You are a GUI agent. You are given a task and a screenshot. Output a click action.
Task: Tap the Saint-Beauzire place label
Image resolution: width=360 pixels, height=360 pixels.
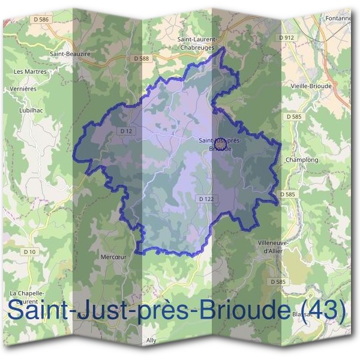pyautogui.click(x=70, y=53)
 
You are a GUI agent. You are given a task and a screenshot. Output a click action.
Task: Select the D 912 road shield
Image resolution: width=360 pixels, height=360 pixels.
pyautogui.click(x=287, y=38)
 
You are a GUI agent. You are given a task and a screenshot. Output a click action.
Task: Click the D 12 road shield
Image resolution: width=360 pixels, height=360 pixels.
pyautogui.click(x=125, y=131)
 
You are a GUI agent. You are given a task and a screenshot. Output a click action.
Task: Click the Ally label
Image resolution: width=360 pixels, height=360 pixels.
pyautogui.click(x=151, y=340)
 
